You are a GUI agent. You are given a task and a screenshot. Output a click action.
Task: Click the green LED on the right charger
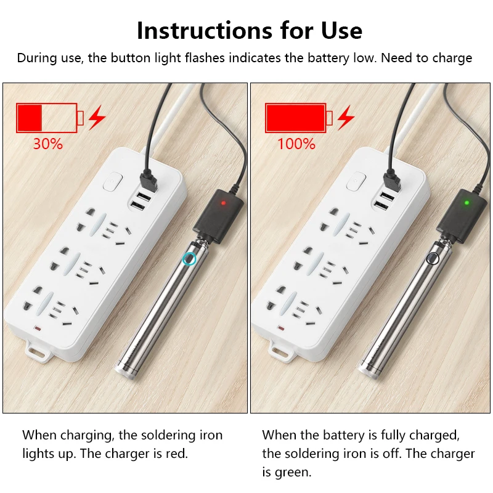click(x=467, y=202)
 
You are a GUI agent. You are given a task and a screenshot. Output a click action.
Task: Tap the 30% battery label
click(x=47, y=144)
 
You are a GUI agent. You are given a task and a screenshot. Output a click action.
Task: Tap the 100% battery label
click(x=296, y=144)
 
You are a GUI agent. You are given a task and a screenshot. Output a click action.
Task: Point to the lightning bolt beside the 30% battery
click(x=96, y=117)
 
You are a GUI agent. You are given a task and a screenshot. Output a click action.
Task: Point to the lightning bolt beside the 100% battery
click(x=346, y=117)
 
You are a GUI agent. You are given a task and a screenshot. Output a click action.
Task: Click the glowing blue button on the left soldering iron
click(x=190, y=259)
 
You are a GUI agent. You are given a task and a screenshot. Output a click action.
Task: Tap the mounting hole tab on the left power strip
click(x=38, y=352)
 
